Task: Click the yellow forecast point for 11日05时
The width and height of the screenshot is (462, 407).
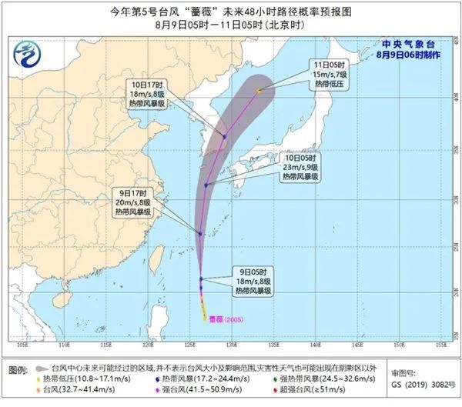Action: click(x=259, y=91)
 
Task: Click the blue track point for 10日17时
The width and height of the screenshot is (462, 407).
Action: click(x=225, y=136)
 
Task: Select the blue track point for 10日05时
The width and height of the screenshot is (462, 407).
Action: click(x=206, y=185)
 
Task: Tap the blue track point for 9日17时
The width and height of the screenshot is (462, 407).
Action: click(x=199, y=233)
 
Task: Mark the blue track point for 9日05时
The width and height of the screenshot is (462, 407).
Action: click(x=202, y=279)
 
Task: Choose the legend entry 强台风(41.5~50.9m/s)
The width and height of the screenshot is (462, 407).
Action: click(x=192, y=392)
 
